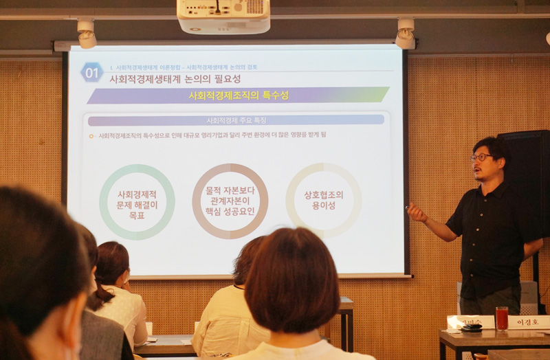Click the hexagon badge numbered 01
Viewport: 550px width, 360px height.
91,72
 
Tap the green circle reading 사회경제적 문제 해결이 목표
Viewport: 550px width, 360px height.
137,201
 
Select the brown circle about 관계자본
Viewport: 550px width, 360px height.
230,201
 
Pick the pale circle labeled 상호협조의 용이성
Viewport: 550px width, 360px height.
324,200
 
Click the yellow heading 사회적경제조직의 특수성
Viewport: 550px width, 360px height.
238,95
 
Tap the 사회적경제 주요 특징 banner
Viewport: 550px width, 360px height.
236,120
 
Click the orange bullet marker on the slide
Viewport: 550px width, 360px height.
91,136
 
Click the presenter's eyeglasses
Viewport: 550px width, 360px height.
481,157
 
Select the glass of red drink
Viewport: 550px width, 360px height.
502,317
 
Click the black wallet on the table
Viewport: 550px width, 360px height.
472,328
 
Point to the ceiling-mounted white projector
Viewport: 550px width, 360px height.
223,16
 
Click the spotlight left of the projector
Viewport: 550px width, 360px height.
87,34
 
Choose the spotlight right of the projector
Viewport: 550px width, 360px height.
405,34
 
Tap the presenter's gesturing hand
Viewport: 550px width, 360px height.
416,214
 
